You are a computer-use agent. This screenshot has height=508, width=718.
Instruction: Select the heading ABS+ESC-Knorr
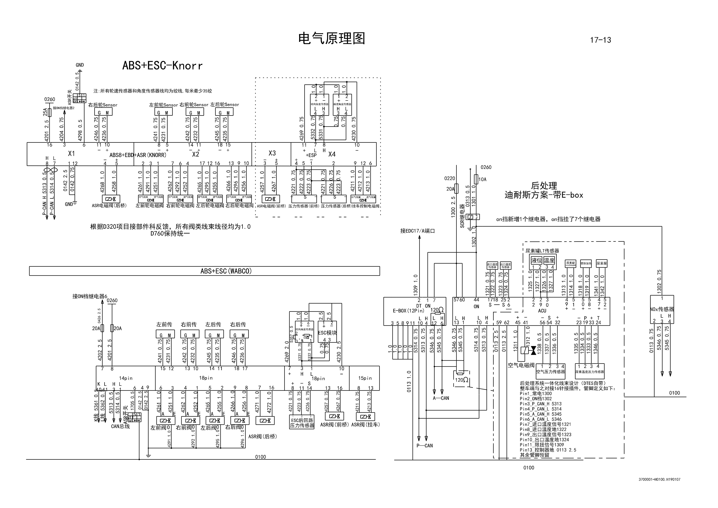pos(162,66)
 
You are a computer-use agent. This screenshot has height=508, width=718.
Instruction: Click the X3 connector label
pos(272,153)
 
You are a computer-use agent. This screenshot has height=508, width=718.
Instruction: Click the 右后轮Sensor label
pos(103,105)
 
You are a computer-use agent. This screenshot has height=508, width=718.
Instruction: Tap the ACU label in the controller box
pos(542,311)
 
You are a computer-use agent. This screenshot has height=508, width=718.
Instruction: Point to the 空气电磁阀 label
pos(521,365)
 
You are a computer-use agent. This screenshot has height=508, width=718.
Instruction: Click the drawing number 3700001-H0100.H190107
pos(659,479)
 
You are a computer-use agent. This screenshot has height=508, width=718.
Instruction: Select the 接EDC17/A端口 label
pos(417,231)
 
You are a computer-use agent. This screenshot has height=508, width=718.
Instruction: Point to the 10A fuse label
pos(483,179)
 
